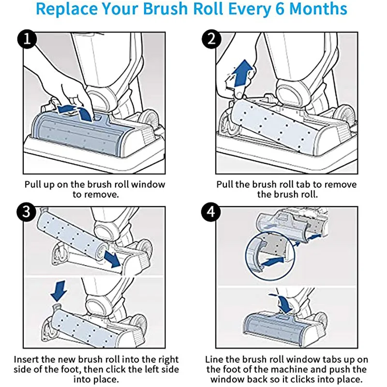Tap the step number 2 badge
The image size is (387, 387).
tap(211, 40)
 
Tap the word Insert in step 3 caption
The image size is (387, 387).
tap(27, 360)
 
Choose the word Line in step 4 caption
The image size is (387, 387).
tap(214, 360)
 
